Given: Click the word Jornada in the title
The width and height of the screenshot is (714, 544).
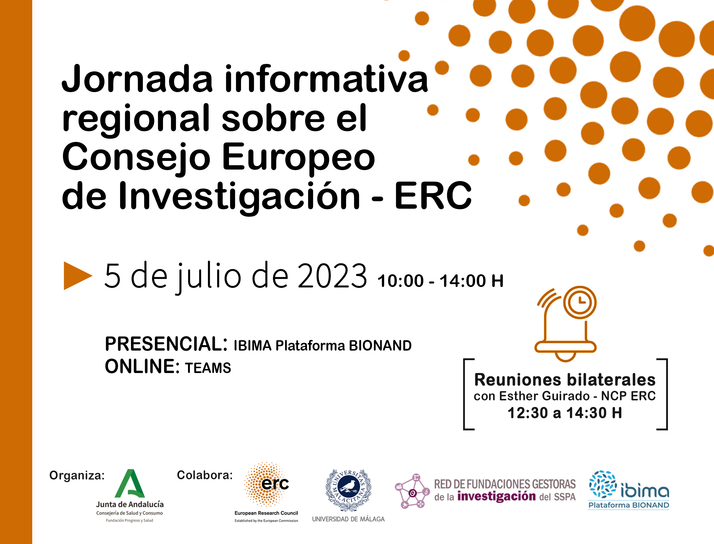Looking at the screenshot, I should click(x=137, y=79).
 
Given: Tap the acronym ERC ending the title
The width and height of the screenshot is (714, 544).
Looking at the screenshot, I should click(x=433, y=196).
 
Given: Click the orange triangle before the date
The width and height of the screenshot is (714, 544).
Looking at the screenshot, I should click(x=77, y=275).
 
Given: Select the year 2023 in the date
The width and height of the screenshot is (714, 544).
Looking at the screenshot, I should click(x=332, y=276).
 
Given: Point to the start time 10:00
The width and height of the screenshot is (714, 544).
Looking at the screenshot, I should click(x=400, y=281).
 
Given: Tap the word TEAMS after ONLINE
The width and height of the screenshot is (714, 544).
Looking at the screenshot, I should click(x=208, y=368).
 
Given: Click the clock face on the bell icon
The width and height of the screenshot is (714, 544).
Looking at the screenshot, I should click(x=580, y=302).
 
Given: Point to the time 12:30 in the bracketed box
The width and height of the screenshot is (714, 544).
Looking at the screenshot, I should click(x=528, y=413).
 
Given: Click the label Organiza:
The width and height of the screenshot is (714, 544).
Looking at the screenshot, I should click(x=77, y=475).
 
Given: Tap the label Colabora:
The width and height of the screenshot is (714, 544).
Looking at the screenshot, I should click(x=205, y=475).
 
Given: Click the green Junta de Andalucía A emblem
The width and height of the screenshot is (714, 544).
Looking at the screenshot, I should click(x=130, y=484).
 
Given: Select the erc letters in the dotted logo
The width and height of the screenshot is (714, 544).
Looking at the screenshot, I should click(x=275, y=484).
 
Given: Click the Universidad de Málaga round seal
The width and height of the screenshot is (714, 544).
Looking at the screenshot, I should click(x=348, y=490).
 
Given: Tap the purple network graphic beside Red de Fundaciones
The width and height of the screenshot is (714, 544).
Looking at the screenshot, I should click(x=412, y=492).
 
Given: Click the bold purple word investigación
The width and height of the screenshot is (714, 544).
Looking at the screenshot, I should click(x=496, y=496).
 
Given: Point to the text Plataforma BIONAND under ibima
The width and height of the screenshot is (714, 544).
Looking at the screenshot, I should click(x=628, y=505).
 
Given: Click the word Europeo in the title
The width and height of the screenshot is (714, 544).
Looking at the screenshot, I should click(x=299, y=157).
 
